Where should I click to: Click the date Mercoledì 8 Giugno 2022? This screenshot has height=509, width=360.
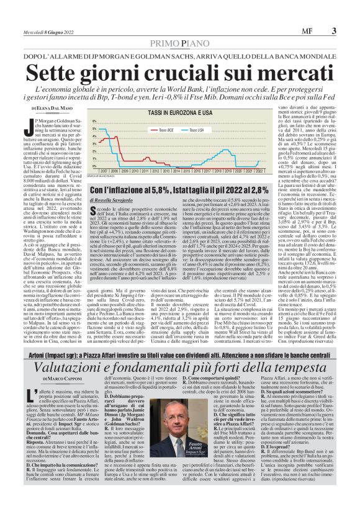45,31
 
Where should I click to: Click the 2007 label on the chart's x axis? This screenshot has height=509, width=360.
106,169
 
